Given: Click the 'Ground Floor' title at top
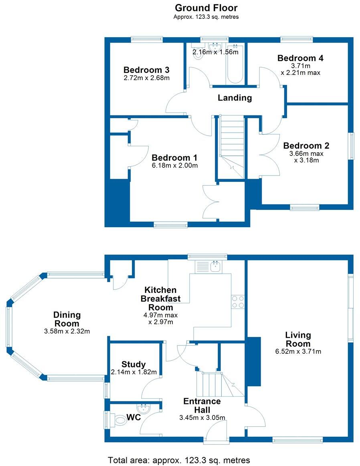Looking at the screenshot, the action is point(206,8).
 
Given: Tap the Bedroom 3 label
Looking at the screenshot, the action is point(146,70).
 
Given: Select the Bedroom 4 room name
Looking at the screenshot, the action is point(300,58).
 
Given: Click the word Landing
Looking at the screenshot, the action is point(235,98).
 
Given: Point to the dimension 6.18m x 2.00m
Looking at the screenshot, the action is point(175,165).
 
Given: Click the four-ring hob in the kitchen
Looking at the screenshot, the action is point(238,302).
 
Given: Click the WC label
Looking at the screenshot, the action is point(134,417).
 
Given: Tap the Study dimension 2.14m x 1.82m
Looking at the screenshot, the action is point(134,372).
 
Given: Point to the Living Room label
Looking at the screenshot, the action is point(298,339).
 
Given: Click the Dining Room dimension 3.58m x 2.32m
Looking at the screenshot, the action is point(67,331).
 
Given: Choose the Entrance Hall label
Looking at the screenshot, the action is point(202,405).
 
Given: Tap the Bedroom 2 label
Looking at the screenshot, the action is point(306,145).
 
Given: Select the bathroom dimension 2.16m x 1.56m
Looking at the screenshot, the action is point(216,52).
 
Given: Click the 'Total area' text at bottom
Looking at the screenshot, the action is point(179,460).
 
